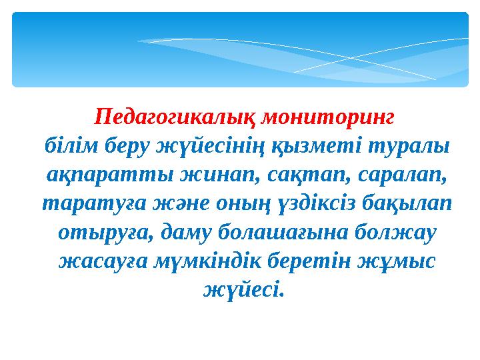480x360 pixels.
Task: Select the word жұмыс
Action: tap(402, 261)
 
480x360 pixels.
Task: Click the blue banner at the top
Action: tap(240, 49)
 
